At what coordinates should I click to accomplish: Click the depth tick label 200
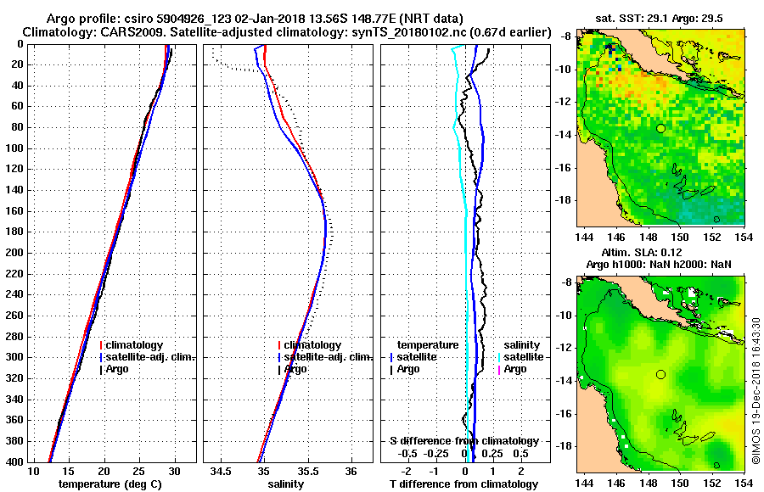pyautogui.click(x=14, y=253)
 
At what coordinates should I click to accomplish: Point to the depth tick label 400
pyautogui.click(x=14, y=461)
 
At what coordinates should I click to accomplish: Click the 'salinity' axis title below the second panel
pyautogui.click(x=284, y=484)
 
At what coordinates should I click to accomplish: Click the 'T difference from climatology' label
pyautogui.click(x=463, y=484)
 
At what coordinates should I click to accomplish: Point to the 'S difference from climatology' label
pyautogui.click(x=463, y=441)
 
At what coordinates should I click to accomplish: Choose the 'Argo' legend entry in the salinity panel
pyautogui.click(x=295, y=369)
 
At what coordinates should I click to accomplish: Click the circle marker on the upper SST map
pyautogui.click(x=660, y=128)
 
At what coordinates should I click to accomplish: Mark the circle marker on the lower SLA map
pyautogui.click(x=660, y=374)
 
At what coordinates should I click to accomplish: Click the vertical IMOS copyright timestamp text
pyautogui.click(x=756, y=390)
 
